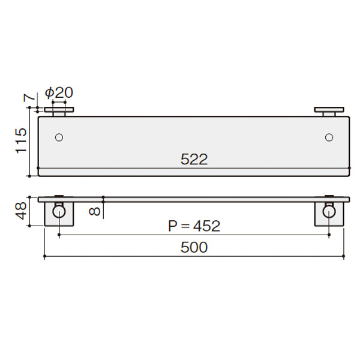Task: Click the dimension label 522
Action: [194, 159]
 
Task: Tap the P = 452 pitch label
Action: [194, 226]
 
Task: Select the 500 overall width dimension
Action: [194, 247]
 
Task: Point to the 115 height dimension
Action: [21, 141]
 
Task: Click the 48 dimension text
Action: [21, 211]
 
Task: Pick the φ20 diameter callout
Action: [59, 93]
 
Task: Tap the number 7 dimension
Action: [29, 98]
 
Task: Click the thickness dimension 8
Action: [95, 211]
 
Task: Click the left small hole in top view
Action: [59, 137]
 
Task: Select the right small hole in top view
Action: [329, 137]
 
